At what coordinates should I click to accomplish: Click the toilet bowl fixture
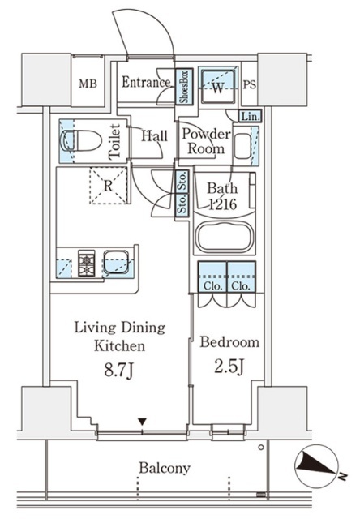coord(81,141)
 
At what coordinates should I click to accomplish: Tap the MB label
coord(88,84)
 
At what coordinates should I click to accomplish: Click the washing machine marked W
coord(218,84)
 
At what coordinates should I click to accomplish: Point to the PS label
coord(250,84)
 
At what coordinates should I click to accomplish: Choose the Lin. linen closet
coord(251,116)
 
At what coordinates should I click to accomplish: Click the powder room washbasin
coord(243,146)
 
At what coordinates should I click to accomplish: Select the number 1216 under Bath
coord(222,204)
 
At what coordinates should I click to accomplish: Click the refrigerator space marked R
coord(109,186)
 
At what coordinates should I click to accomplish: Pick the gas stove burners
coord(87,263)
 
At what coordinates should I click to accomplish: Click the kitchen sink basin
coord(115,261)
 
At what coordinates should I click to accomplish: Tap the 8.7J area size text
coord(119,371)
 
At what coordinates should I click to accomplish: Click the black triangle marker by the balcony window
coord(142,422)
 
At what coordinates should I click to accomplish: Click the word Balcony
coord(165,468)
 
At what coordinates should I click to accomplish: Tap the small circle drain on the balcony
coord(261,448)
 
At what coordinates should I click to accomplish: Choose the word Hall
coord(154,135)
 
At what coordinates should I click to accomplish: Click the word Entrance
coord(146,82)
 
